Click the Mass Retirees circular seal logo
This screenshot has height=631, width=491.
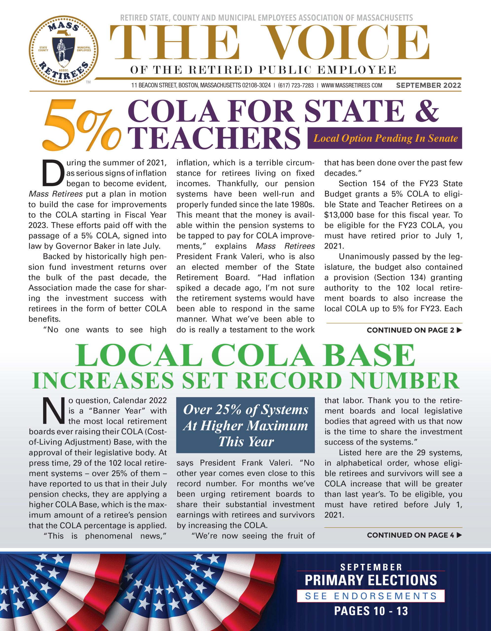(64, 50)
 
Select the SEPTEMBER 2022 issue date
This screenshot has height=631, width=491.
(429, 85)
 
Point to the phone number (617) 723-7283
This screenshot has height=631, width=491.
(296, 86)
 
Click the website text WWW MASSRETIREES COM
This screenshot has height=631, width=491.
(351, 86)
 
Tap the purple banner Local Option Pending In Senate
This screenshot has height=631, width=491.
(385, 138)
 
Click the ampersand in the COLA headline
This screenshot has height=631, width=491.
(427, 111)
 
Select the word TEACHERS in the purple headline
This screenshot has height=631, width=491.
(214, 138)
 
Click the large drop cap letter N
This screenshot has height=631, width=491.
(54, 411)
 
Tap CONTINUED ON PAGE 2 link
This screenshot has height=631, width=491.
(414, 330)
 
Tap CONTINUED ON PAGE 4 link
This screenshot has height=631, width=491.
(414, 535)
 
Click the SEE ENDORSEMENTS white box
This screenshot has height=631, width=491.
(371, 596)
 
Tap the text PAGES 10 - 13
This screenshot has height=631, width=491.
(371, 611)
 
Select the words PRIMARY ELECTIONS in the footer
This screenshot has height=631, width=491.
(371, 580)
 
